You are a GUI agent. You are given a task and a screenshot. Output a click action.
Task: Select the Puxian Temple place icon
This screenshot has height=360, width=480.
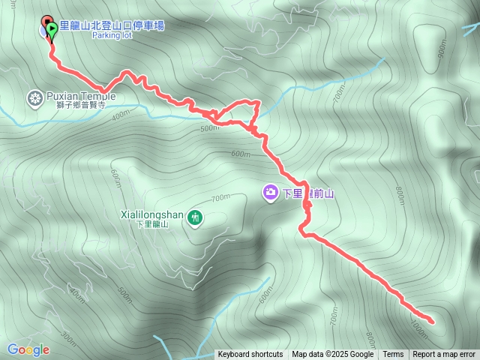(34, 97)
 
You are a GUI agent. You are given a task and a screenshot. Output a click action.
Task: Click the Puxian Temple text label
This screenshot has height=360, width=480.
(81, 96)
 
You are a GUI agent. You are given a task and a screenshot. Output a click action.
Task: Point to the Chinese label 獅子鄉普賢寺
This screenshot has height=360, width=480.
(78, 106)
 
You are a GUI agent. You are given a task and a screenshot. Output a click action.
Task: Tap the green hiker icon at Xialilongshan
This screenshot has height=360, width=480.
(195, 217)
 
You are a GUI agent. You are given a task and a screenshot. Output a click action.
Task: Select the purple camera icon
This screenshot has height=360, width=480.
(269, 193)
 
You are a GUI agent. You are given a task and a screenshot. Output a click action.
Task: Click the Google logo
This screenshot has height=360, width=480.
(28, 349)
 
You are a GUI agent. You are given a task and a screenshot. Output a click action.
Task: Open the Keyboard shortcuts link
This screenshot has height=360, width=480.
(250, 355)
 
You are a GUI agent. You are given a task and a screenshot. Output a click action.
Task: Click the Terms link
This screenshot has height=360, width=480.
(393, 355)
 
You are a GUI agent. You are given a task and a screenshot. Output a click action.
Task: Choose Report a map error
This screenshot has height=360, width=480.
(444, 355)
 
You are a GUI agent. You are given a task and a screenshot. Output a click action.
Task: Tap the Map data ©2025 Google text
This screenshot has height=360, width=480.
(332, 355)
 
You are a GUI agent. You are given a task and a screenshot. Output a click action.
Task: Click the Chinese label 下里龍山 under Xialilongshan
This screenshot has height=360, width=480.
(152, 223)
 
